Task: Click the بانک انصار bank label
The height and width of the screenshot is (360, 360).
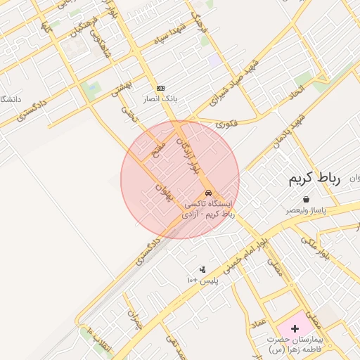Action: click(161, 99)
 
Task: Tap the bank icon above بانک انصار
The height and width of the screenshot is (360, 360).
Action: click(161, 88)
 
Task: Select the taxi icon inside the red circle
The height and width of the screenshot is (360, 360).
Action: click(207, 193)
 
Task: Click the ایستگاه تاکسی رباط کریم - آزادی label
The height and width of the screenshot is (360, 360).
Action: click(208, 208)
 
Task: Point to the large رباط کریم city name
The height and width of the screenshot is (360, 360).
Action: click(314, 179)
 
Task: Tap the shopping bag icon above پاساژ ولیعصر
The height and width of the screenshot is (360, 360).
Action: click(305, 199)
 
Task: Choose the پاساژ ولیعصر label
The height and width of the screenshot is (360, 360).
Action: click(305, 210)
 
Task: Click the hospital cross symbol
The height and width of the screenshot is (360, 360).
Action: click(295, 329)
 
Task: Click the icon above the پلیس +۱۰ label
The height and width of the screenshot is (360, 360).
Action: click(202, 269)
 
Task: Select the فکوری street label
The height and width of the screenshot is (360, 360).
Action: click(227, 124)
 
